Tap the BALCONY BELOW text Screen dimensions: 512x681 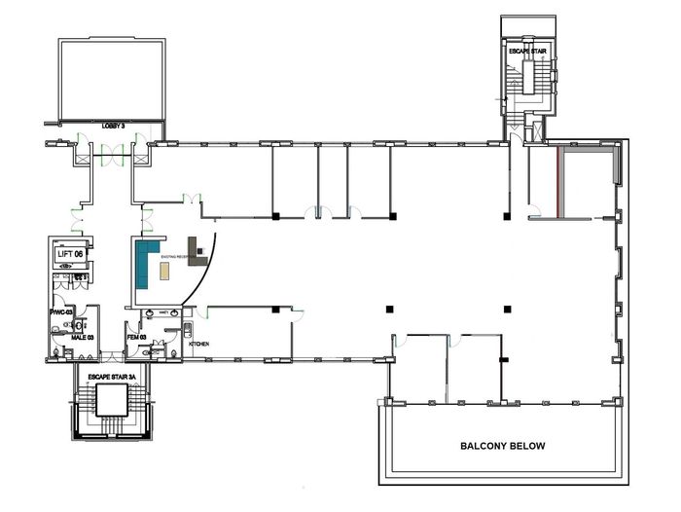(x=502, y=446)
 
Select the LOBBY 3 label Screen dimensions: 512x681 (x=116, y=126)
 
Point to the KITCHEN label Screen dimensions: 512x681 (x=199, y=345)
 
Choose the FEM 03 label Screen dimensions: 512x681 (x=136, y=337)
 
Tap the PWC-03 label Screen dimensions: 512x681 (x=62, y=312)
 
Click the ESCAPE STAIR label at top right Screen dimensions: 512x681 (x=526, y=49)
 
